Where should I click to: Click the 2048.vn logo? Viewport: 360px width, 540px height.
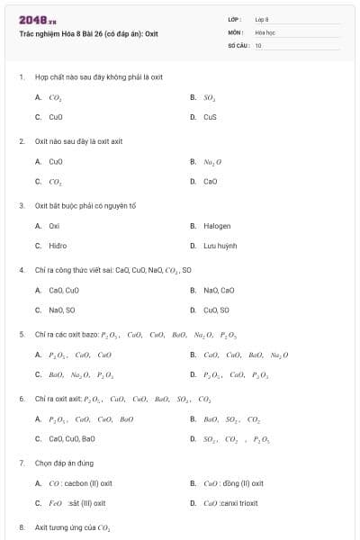point(37,20)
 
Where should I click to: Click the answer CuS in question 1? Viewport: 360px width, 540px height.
point(210,117)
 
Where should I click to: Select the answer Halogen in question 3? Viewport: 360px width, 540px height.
point(217,226)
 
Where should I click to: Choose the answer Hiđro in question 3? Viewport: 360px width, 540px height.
point(58,245)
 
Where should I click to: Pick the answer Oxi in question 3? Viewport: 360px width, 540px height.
point(54,226)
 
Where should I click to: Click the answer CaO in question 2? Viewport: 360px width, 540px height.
point(210,181)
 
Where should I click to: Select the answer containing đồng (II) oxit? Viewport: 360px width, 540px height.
point(233,483)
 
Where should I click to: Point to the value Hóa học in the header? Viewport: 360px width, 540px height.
point(265,31)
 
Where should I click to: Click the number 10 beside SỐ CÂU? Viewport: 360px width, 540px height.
point(258,44)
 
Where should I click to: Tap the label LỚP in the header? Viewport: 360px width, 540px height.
point(235,19)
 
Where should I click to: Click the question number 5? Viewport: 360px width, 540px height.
point(21,334)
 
